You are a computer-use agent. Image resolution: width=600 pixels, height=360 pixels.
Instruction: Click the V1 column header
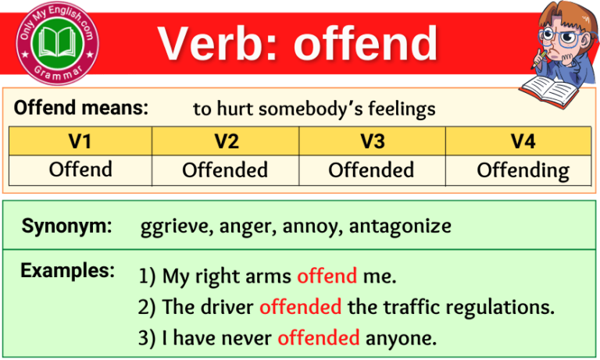coord(80,141)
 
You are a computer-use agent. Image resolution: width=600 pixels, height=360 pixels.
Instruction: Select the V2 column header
coord(225,141)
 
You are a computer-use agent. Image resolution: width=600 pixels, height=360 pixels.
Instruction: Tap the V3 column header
coord(371,141)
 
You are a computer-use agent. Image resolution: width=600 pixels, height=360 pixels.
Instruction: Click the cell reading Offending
coord(523,170)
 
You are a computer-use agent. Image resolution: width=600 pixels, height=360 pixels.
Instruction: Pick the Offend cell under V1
coord(80,169)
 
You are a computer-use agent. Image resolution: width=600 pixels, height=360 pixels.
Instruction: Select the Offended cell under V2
coord(225,170)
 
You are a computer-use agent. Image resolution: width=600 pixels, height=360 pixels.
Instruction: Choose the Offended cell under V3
coord(371,170)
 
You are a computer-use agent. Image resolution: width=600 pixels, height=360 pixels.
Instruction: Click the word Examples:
coord(67,271)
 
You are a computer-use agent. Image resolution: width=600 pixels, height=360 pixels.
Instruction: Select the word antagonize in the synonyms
coord(400,227)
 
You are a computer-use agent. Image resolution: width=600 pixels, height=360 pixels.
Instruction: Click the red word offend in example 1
coord(327,276)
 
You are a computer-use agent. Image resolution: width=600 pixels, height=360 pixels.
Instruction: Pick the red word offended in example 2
coord(300,307)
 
